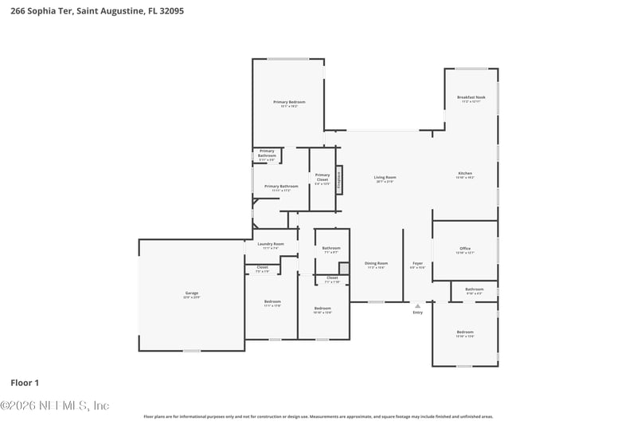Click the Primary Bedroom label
[289, 102]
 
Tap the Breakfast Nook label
[471, 98]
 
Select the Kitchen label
[465, 174]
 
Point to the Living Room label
[385, 178]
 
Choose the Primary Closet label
[322, 178]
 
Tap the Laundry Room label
[271, 244]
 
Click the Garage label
[191, 293]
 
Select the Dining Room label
[377, 264]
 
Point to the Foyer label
[417, 264]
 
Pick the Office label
[465, 249]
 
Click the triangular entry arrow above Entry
[417, 305]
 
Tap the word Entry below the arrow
[417, 313]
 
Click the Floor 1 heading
[25, 383]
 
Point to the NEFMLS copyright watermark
[54, 406]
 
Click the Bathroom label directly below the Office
[475, 289]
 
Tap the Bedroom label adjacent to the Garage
[272, 301]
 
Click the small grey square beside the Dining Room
[343, 268]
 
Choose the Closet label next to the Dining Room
[332, 278]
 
